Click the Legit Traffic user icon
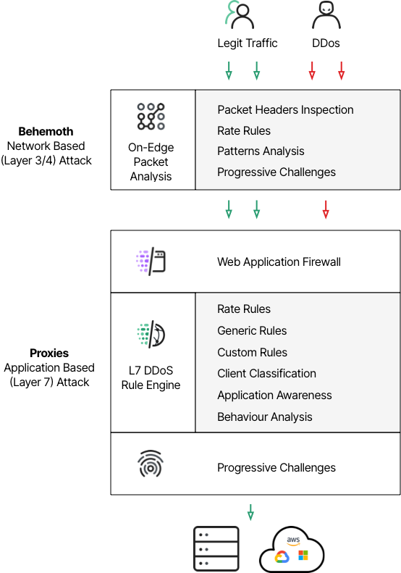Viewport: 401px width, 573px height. click(240, 14)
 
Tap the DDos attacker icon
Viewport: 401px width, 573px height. click(326, 15)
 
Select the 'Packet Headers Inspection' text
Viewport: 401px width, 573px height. click(285, 109)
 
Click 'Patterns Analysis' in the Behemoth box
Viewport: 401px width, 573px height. click(261, 151)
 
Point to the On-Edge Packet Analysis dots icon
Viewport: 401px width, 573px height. click(151, 116)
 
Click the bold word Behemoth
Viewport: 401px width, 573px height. click(46, 131)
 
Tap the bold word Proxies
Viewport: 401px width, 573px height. click(49, 353)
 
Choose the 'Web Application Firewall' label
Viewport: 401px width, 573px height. click(279, 262)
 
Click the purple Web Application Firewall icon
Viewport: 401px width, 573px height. click(151, 261)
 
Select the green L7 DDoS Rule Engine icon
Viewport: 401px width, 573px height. click(151, 334)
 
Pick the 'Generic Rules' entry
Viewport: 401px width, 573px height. click(252, 330)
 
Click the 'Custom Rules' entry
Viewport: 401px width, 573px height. click(252, 352)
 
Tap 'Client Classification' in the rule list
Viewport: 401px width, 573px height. click(266, 374)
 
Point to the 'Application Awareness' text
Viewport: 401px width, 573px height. click(274, 395)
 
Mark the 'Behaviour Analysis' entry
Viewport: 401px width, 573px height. click(264, 417)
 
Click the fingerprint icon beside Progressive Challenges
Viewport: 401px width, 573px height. click(151, 464)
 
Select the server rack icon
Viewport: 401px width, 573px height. click(216, 548)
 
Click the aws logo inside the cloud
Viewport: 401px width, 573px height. click(293, 540)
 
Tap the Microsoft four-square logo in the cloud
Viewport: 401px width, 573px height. click(303, 555)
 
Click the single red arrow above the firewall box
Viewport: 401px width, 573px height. click(326, 209)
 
